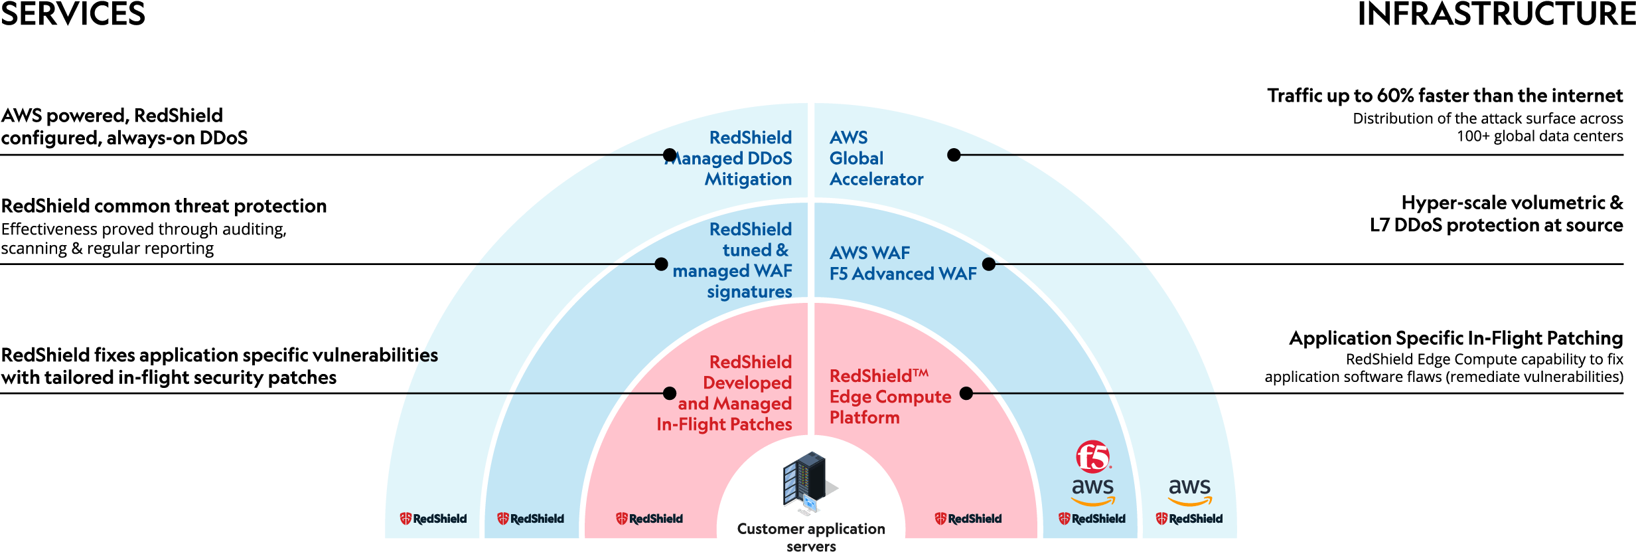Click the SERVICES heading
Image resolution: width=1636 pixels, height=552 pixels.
coord(72,14)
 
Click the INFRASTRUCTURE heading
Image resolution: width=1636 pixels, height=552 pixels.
coord(1496,14)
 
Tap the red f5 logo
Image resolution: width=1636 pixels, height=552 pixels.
coord(1092,457)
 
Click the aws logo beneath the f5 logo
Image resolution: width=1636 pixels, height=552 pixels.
coord(1092,490)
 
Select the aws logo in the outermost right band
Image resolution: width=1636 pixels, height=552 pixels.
coord(1189,490)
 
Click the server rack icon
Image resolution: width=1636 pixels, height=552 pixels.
coord(806,481)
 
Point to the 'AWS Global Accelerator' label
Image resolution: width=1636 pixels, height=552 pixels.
coord(875,158)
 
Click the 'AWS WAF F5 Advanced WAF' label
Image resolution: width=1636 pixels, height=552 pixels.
coord(902,263)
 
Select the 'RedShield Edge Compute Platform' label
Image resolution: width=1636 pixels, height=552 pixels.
coord(889,397)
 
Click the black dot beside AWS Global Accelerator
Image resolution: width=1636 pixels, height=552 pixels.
coord(954,155)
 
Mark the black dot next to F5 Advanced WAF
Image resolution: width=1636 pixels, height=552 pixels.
coord(988,264)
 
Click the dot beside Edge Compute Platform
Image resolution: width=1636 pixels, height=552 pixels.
coord(966,393)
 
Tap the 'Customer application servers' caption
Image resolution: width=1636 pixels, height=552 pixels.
coord(810,535)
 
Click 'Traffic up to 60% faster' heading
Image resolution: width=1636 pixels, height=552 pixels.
coord(1444,96)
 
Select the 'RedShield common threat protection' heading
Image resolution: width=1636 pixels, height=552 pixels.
coord(164,206)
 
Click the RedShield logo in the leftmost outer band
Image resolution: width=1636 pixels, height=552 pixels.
coord(433,519)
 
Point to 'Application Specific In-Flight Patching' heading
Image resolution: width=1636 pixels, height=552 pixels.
coord(1455,338)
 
